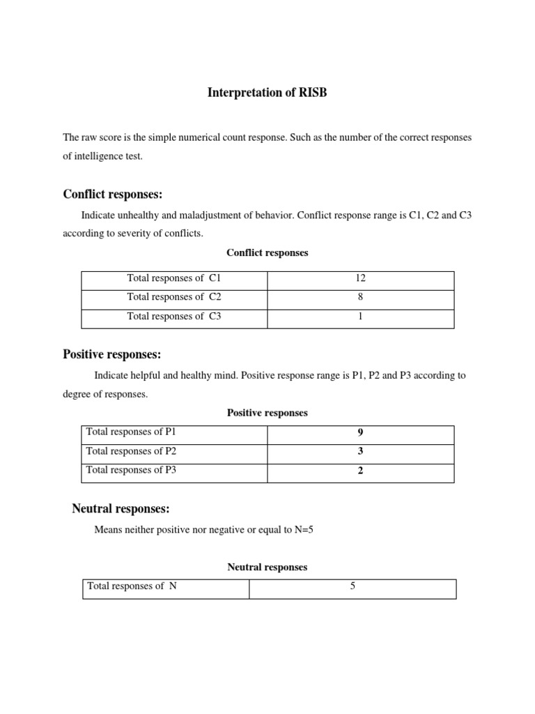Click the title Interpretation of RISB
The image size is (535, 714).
pyautogui.click(x=267, y=93)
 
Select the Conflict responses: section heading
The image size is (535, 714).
pyautogui.click(x=113, y=194)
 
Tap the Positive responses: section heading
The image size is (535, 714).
pyautogui.click(x=112, y=355)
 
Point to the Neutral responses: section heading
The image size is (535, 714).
pyautogui.click(x=121, y=509)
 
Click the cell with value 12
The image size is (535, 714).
pyautogui.click(x=360, y=278)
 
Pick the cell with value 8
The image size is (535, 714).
pyautogui.click(x=360, y=297)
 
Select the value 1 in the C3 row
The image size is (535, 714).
pyautogui.click(x=360, y=317)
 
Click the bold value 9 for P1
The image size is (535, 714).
pyautogui.click(x=360, y=432)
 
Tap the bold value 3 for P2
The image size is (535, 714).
pyautogui.click(x=360, y=451)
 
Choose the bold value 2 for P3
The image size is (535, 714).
pyautogui.click(x=360, y=471)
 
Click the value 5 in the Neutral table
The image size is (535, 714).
pyautogui.click(x=352, y=586)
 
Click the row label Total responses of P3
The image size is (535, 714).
pyautogui.click(x=131, y=471)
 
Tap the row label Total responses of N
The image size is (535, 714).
pyautogui.click(x=132, y=586)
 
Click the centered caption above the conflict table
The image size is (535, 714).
pyautogui.click(x=267, y=253)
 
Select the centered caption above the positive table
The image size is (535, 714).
pyautogui.click(x=267, y=413)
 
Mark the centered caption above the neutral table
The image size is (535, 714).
pyautogui.click(x=267, y=568)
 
